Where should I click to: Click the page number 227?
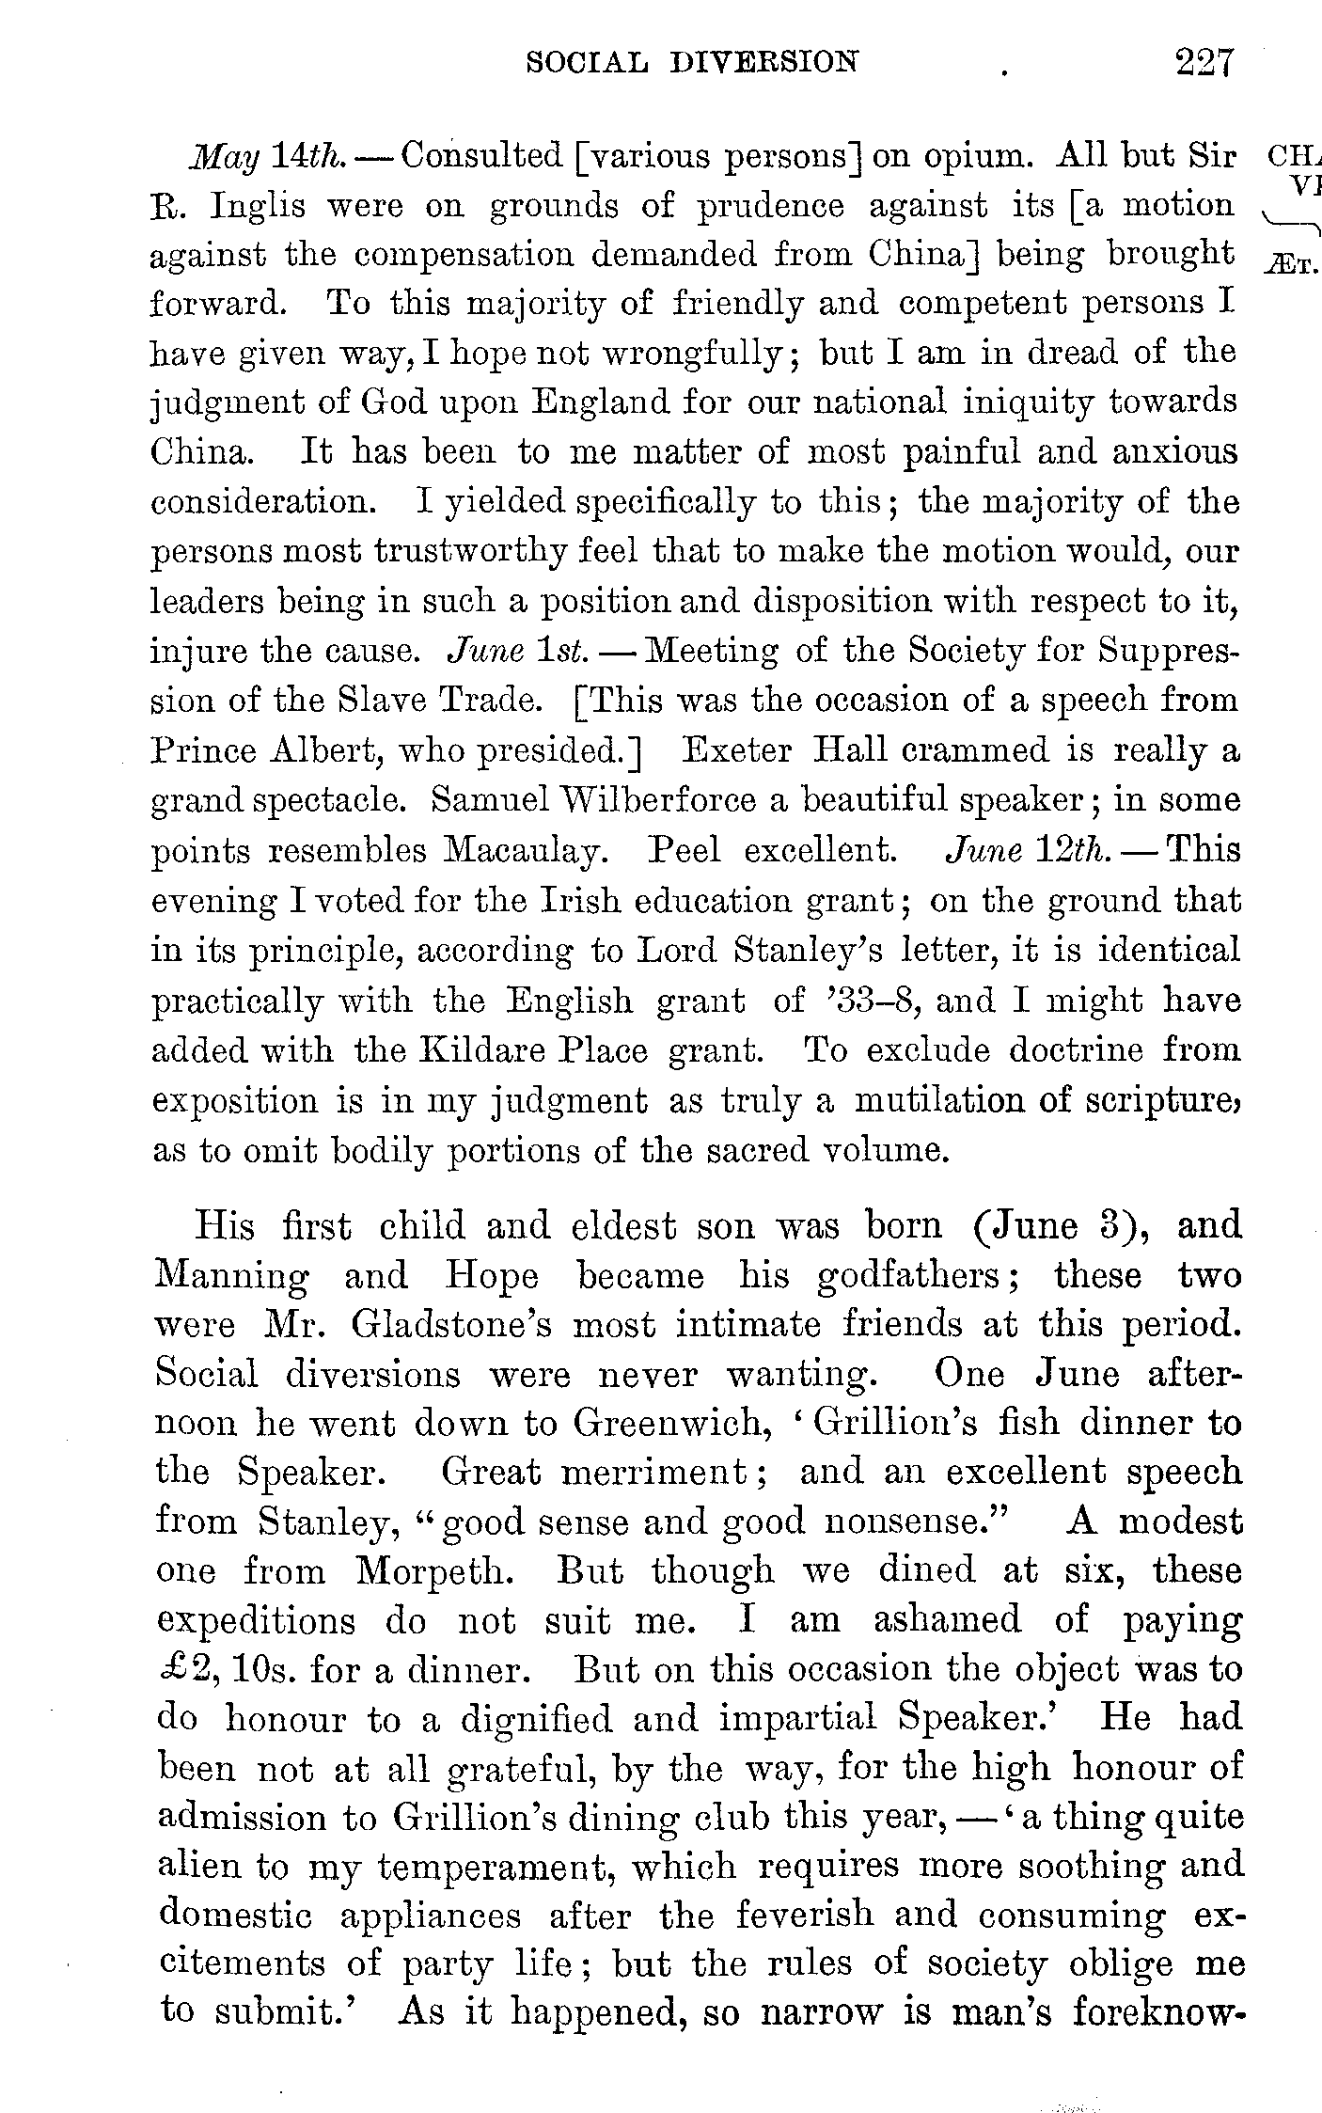1202,64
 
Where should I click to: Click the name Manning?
231,1277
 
